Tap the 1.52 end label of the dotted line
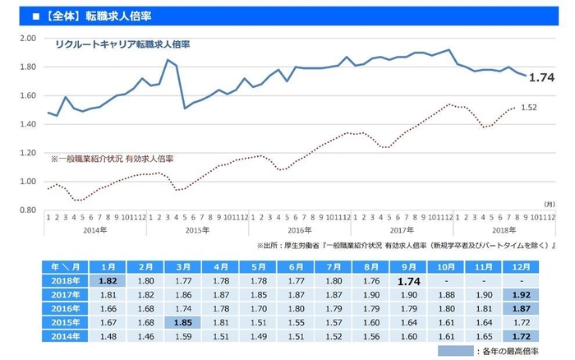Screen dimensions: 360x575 [530, 107]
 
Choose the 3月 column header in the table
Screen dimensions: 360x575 [183, 266]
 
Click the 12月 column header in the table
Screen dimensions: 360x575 [518, 266]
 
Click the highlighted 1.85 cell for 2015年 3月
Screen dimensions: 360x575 [183, 322]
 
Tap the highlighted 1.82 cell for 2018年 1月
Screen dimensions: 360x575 [108, 280]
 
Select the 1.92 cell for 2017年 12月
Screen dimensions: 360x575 [518, 294]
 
